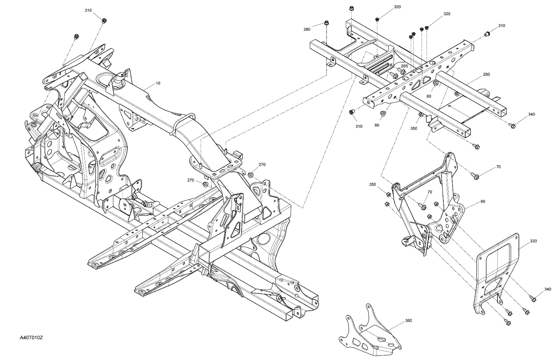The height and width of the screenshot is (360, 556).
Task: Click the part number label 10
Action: tap(158, 83)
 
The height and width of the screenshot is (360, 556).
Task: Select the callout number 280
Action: tap(307, 29)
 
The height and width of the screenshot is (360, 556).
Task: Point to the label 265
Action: tap(404, 66)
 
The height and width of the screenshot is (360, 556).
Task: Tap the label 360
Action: tap(408, 320)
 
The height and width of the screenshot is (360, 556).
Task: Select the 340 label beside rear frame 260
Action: tap(532, 114)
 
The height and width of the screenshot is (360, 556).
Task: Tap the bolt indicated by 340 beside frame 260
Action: tap(512, 126)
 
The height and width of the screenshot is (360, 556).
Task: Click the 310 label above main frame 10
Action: tap(88, 10)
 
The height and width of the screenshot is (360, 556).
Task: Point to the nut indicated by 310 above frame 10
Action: tap(104, 20)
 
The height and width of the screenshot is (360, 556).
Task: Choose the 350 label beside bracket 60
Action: tap(373, 184)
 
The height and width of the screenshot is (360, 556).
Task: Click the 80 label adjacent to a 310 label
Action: tap(377, 125)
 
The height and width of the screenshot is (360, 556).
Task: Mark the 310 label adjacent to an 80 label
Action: tap(359, 126)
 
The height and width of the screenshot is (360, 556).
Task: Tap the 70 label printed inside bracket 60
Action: tap(430, 192)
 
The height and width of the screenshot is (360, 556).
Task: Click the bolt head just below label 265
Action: tap(394, 76)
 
